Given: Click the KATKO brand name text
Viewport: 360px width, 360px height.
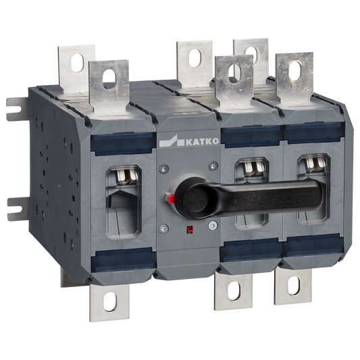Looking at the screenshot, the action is click(x=202, y=141).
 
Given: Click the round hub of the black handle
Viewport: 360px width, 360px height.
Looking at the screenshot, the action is click(x=197, y=199).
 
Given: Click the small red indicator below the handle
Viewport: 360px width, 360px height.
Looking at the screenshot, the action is click(x=190, y=230).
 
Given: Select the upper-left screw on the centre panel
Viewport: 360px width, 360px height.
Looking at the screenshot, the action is click(x=163, y=170).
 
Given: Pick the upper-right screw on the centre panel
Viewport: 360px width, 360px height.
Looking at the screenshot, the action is click(x=213, y=165).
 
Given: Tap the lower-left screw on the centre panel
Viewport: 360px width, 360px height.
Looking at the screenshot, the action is click(x=163, y=228).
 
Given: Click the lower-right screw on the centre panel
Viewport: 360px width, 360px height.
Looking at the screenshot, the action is click(x=213, y=225).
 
